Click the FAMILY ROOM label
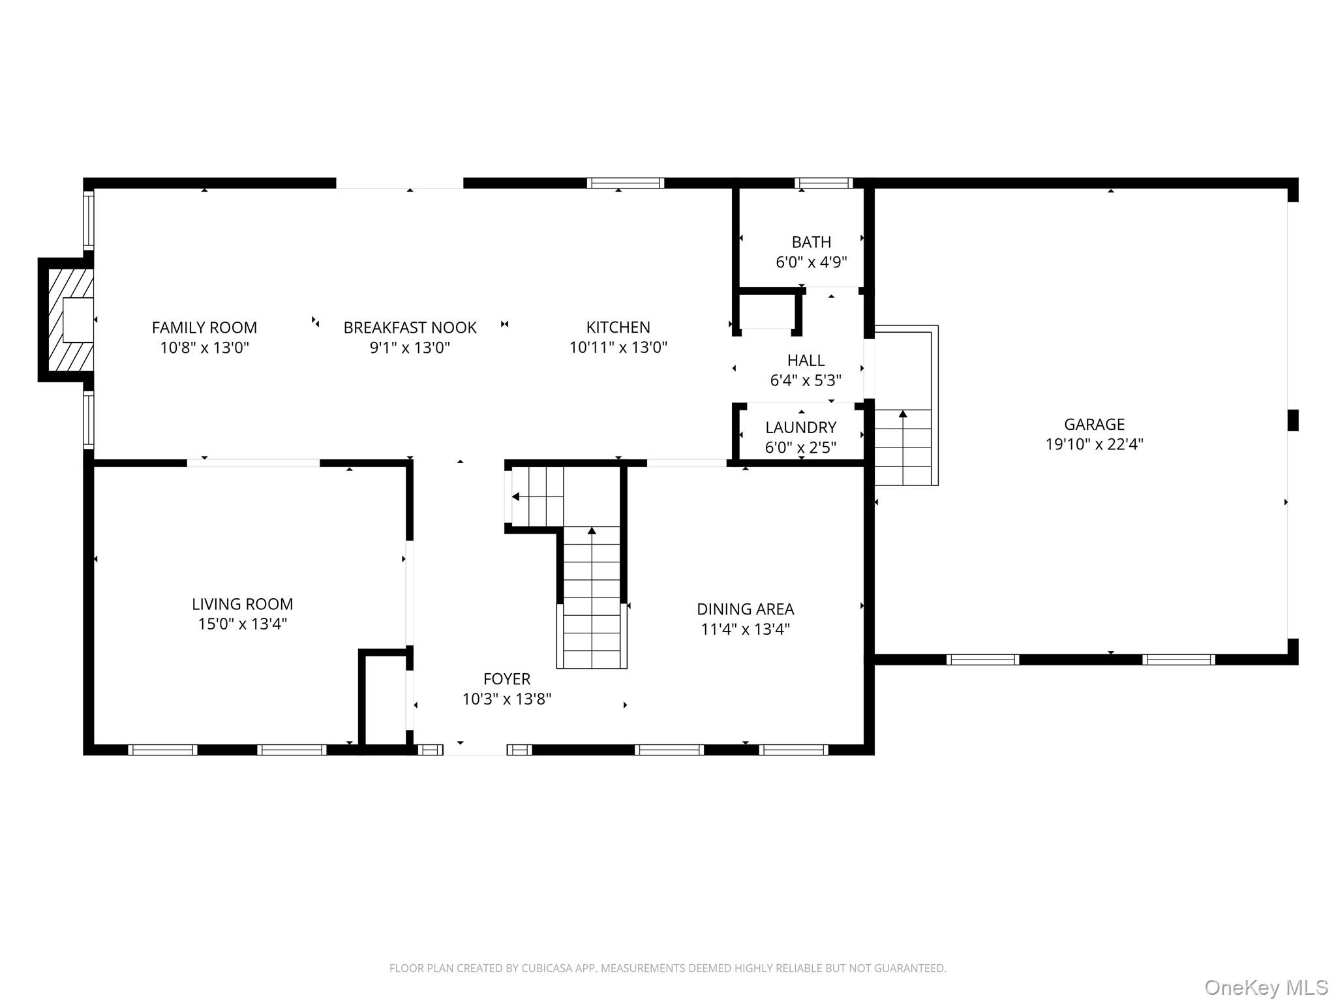(204, 327)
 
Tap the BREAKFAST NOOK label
(410, 327)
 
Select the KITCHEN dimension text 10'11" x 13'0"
(618, 348)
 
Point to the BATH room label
(812, 242)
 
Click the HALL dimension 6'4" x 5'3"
(806, 380)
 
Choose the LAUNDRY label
(801, 427)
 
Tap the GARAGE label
(1095, 425)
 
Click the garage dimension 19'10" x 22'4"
(1095, 445)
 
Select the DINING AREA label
(746, 609)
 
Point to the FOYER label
(507, 679)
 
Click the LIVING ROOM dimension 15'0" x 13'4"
(243, 624)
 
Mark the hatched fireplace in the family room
(66, 320)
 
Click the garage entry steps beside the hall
(905, 405)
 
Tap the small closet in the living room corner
(386, 698)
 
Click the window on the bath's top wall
(824, 183)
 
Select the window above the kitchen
(626, 183)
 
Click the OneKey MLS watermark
(1266, 987)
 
